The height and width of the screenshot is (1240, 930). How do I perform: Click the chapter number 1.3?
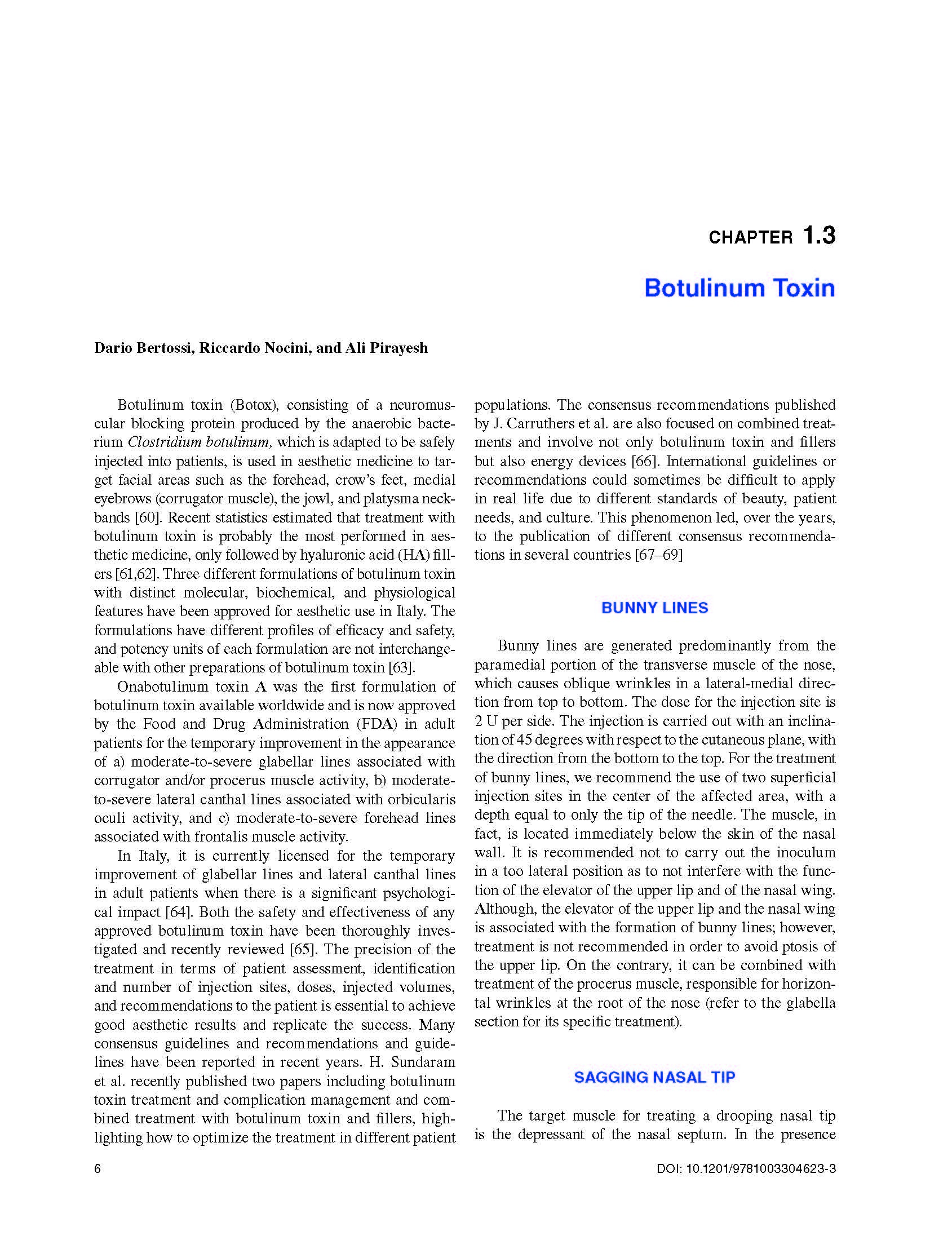tap(818, 235)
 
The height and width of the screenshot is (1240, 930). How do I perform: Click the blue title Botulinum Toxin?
tap(739, 288)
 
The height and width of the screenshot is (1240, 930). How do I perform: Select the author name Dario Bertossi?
tap(144, 348)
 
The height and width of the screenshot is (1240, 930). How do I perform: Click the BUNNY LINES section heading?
tap(654, 608)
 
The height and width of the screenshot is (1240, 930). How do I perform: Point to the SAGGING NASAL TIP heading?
tap(654, 1077)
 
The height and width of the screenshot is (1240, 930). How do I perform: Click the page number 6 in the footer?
tap(98, 1169)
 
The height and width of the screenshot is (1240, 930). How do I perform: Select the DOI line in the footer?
tap(746, 1169)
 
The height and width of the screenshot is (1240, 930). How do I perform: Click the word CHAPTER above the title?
tap(750, 238)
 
